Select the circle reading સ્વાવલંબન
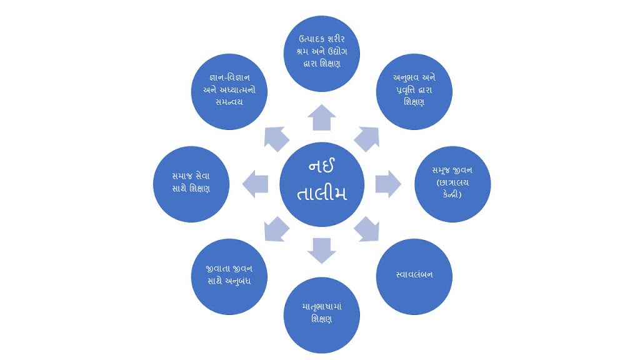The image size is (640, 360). (x=415, y=276)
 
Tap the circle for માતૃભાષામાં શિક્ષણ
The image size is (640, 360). (x=321, y=314)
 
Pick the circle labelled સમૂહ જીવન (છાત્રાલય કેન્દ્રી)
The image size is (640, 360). (x=452, y=184)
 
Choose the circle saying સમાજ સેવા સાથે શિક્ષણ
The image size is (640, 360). (x=191, y=184)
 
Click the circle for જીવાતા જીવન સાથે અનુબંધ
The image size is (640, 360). (x=229, y=276)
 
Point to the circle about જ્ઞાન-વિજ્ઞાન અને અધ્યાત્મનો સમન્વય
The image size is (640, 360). (x=229, y=91)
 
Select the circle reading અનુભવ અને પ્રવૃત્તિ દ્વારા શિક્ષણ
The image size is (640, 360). (x=415, y=91)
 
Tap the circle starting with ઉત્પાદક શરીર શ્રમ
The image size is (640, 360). (x=321, y=52)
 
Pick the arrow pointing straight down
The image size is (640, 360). (x=321, y=249)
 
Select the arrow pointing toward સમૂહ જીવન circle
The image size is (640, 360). (x=388, y=184)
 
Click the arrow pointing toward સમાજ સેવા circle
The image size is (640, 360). (x=256, y=184)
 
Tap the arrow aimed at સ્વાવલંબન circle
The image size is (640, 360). (x=367, y=229)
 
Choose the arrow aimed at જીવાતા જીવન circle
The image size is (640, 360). (x=276, y=229)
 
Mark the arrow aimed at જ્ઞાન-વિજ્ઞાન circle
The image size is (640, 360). (x=276, y=139)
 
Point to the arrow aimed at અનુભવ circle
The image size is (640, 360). (x=367, y=139)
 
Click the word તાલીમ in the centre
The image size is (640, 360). (x=322, y=193)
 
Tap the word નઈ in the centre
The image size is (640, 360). (x=322, y=167)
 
